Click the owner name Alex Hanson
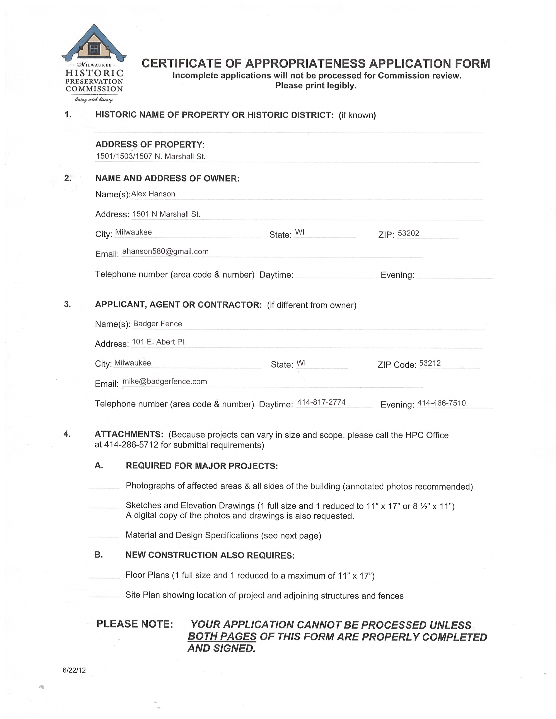pyautogui.click(x=153, y=194)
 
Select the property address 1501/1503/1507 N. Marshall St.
pyautogui.click(x=150, y=156)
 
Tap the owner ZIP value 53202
pyautogui.click(x=408, y=233)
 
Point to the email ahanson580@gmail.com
pyautogui.click(x=165, y=251)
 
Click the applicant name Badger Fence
pyautogui.click(x=157, y=324)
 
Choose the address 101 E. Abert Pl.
pyautogui.click(x=159, y=342)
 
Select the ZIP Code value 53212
pyautogui.click(x=430, y=363)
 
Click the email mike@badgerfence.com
pyautogui.click(x=165, y=382)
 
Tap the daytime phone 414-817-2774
pyautogui.click(x=321, y=402)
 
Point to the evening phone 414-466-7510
pyautogui.click(x=441, y=403)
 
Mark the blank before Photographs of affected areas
pyautogui.click(x=104, y=488)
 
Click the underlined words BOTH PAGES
pyautogui.click(x=222, y=636)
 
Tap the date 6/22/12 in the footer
pyautogui.click(x=74, y=670)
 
